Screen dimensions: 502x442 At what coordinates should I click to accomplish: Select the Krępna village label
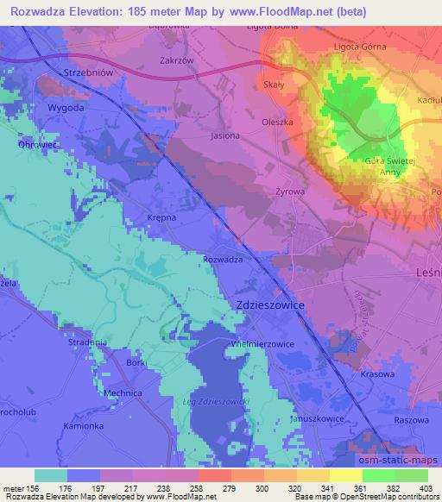pos(161,217)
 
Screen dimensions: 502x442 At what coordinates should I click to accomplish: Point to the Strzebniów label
pos(89,74)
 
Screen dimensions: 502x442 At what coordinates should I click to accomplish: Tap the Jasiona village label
pos(225,135)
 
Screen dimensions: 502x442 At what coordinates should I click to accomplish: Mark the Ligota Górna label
pos(360,46)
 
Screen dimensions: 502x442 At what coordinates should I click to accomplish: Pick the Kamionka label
pos(82,427)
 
